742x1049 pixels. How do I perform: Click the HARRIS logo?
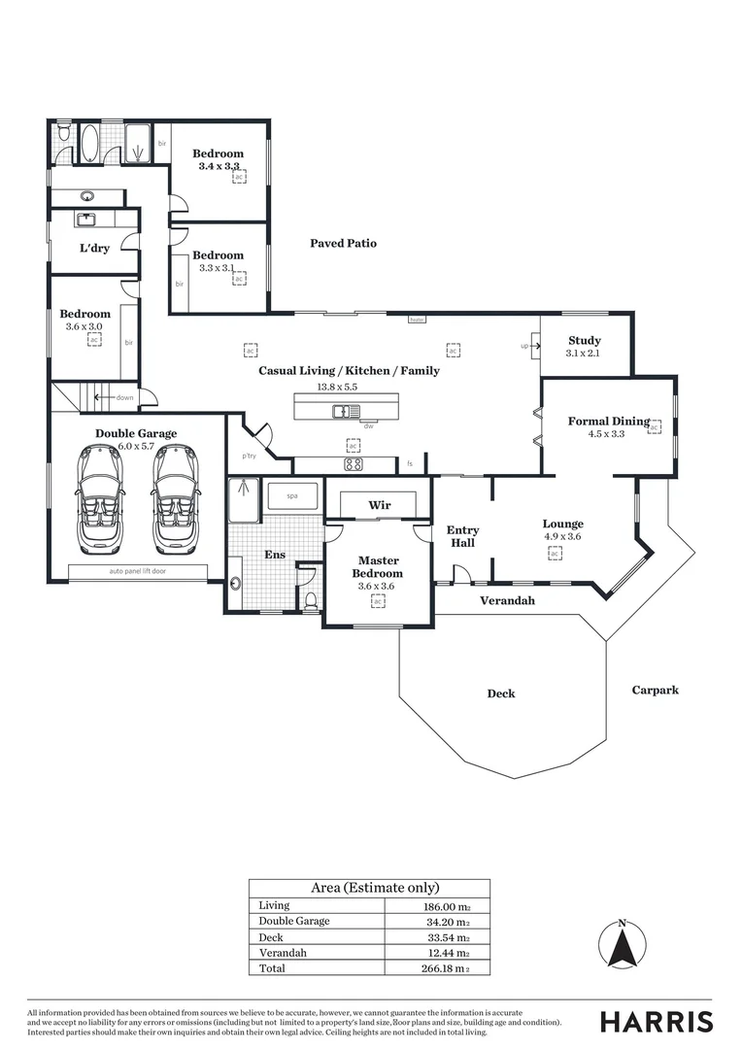tap(656, 1022)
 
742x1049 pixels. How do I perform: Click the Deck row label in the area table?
tap(271, 937)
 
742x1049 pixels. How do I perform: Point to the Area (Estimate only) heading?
tap(374, 888)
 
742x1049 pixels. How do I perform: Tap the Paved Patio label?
tap(343, 243)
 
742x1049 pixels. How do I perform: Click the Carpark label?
tap(655, 690)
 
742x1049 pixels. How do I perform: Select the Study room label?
tap(584, 341)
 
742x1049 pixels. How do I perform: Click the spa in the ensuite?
tap(292, 496)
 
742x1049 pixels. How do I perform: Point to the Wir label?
tap(379, 506)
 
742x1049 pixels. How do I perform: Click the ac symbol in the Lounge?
tap(555, 553)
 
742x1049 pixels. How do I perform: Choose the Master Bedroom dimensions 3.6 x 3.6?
tap(379, 586)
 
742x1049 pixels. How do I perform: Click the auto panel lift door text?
tap(138, 571)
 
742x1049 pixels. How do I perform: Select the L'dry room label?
tap(94, 249)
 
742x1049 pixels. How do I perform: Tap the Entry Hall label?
tap(462, 536)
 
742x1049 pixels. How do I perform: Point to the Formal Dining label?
tap(608, 421)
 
